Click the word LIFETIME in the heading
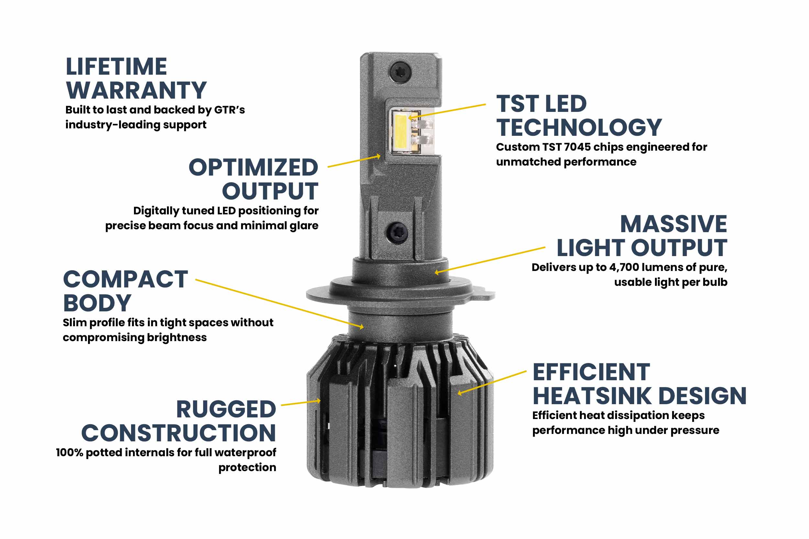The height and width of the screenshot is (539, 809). tap(116, 67)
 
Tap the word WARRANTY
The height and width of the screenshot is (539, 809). tap(136, 91)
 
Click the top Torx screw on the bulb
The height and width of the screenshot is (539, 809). tap(400, 72)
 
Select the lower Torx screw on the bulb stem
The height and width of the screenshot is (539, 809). tap(397, 232)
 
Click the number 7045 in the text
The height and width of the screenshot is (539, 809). tap(577, 147)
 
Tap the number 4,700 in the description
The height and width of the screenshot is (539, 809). tap(624, 267)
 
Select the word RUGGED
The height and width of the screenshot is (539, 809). tap(226, 409)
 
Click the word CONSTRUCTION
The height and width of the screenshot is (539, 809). tap(179, 433)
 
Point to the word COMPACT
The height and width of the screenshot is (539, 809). tap(126, 279)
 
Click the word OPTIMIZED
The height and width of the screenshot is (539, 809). tap(253, 167)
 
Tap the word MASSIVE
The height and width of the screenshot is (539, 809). tap(673, 224)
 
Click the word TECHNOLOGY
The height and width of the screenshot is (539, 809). tap(579, 127)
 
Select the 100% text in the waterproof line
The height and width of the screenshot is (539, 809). tap(70, 453)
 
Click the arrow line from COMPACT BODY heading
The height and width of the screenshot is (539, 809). tap(279, 303)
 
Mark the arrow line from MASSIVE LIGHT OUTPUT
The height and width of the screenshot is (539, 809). tap(490, 260)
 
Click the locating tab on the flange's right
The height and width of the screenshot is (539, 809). tap(485, 295)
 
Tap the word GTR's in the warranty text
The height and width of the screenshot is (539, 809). tap(229, 110)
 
